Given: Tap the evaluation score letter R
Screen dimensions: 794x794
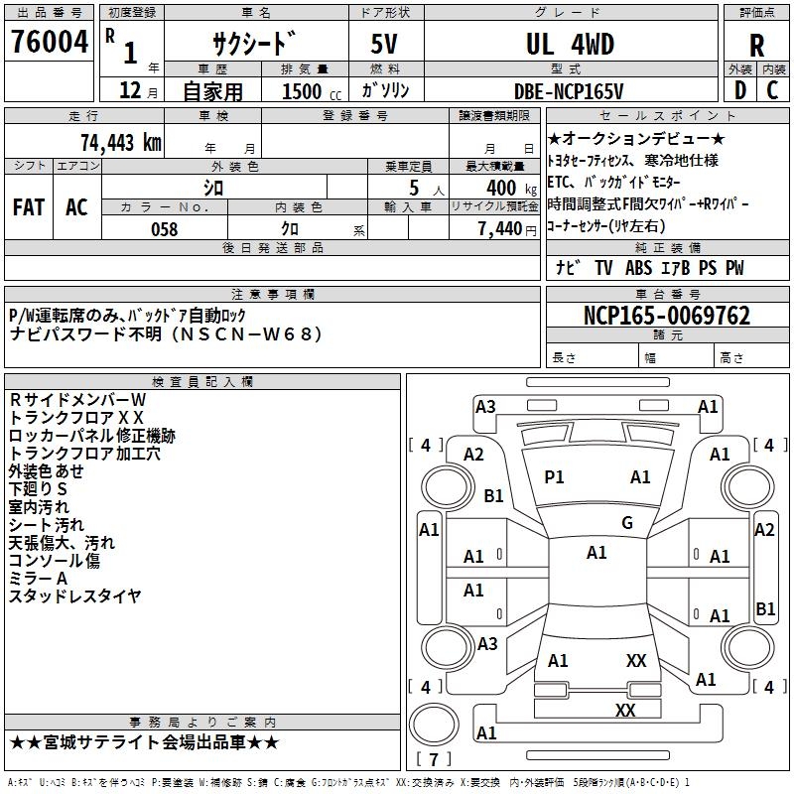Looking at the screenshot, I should pos(756,46).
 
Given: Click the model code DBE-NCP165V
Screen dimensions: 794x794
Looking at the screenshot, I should pos(569,90).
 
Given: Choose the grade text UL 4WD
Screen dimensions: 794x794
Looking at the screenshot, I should pos(569,45).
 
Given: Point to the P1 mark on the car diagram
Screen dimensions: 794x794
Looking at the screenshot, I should pos(554,477).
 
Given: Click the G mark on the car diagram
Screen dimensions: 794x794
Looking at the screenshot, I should pos(626,523).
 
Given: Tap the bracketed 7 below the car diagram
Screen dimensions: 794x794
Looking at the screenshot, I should pos(433,759).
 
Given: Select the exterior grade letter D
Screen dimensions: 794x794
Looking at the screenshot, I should pos(739,89).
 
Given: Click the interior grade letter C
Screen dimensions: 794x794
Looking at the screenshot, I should pos(772,89).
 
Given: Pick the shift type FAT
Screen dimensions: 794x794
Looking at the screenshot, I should pos(28,207).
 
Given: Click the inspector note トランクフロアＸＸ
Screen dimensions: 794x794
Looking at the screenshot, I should pos(76,417).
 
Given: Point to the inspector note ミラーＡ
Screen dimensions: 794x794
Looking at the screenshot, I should pos(39,578).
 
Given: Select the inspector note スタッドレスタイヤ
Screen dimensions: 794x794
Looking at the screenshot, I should pos(75,595).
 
